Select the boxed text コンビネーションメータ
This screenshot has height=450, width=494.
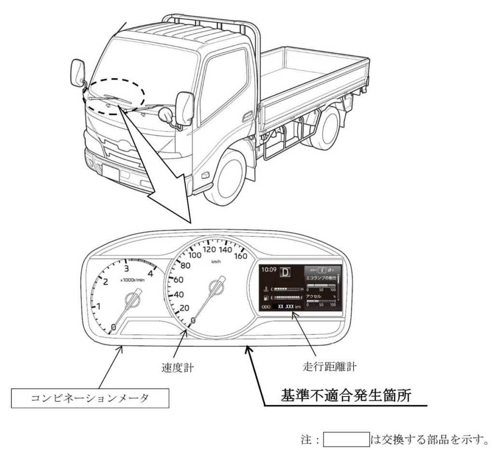click(x=90, y=399)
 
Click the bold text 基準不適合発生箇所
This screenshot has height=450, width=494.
click(x=345, y=396)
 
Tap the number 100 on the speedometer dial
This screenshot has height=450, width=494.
click(x=195, y=255)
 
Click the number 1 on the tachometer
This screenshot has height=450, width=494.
click(x=98, y=306)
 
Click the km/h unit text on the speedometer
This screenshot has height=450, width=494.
click(x=215, y=261)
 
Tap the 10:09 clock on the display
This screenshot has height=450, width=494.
click(x=269, y=271)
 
